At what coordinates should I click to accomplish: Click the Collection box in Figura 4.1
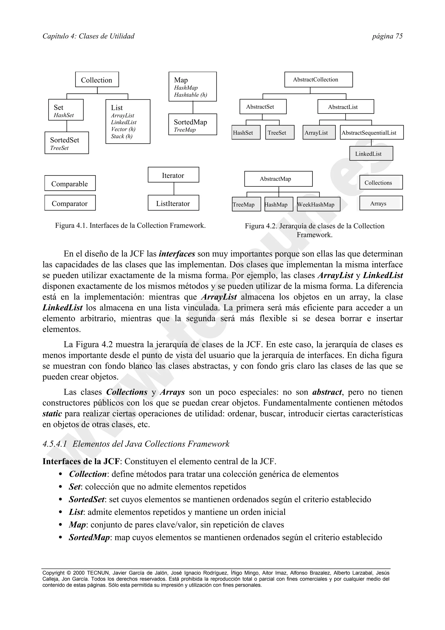(x=97, y=80)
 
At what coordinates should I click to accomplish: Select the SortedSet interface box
(x=67, y=143)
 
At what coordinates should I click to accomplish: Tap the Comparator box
(x=70, y=203)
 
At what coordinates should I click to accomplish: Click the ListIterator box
(x=173, y=203)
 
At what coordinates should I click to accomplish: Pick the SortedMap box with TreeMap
(x=193, y=124)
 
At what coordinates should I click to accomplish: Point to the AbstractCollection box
(x=318, y=80)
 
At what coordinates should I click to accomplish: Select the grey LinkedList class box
(x=371, y=153)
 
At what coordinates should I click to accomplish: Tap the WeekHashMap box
(x=318, y=204)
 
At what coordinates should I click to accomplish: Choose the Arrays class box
(x=381, y=203)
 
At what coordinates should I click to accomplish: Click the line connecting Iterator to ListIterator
(x=174, y=189)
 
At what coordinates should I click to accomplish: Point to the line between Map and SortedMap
(x=193, y=108)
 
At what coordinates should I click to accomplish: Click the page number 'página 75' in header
(x=387, y=36)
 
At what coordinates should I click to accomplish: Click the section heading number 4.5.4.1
(x=55, y=444)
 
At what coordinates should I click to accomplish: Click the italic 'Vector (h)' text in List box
(x=123, y=129)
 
